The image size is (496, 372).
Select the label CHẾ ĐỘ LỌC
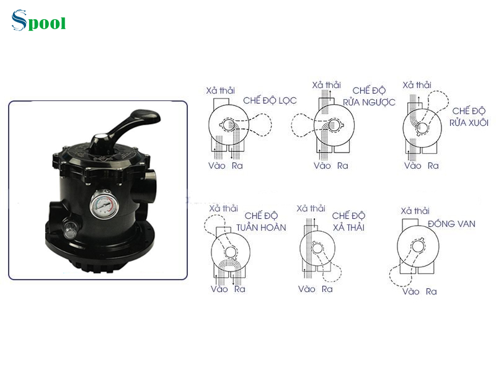click(x=270, y=100)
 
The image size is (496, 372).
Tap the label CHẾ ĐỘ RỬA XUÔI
click(x=469, y=117)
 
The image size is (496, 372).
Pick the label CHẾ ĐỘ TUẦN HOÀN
click(x=265, y=221)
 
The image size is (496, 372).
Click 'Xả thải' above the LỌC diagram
click(x=221, y=91)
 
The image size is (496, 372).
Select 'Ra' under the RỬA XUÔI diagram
click(x=433, y=166)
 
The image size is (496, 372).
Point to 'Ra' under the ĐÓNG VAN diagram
click(x=431, y=291)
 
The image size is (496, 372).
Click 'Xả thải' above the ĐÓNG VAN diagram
click(x=415, y=211)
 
